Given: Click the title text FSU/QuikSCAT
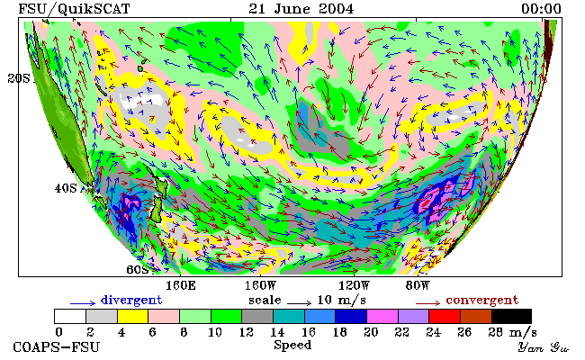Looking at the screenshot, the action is pyautogui.click(x=74, y=9).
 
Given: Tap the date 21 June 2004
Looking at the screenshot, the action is pyautogui.click(x=301, y=9).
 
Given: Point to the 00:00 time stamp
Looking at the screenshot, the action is pyautogui.click(x=541, y=9).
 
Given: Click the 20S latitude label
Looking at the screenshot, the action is pyautogui.click(x=19, y=78).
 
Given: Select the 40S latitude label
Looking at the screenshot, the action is pyautogui.click(x=66, y=188).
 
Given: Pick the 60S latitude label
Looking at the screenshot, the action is pyautogui.click(x=138, y=269).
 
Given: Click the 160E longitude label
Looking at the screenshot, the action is pyautogui.click(x=181, y=286).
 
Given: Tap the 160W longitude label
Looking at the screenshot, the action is pyautogui.click(x=260, y=286).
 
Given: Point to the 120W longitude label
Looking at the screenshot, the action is pyautogui.click(x=354, y=286).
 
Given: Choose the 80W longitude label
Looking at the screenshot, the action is pyautogui.click(x=418, y=286).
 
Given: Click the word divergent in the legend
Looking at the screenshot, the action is pyautogui.click(x=131, y=301).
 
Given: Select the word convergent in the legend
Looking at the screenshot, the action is pyautogui.click(x=482, y=301).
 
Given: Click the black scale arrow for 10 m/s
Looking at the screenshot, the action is pyautogui.click(x=299, y=303).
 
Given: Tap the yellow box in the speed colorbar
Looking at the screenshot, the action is pyautogui.click(x=132, y=316).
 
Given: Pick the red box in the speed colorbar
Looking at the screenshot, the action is pyautogui.click(x=445, y=316).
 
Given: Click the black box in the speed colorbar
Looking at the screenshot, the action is pyautogui.click(x=511, y=316).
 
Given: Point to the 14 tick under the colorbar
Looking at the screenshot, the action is pyautogui.click(x=277, y=332).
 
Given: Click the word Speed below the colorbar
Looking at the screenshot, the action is pyautogui.click(x=292, y=345).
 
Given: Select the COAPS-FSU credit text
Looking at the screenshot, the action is pyautogui.click(x=57, y=347).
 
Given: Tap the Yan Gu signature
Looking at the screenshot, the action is pyautogui.click(x=543, y=347).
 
